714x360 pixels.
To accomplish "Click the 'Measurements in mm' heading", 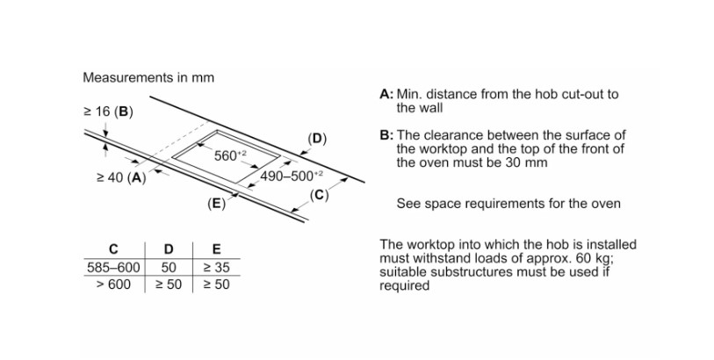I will (x=148, y=77).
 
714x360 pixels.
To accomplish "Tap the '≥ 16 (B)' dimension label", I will (x=108, y=112).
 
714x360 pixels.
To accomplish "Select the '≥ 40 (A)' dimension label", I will (x=120, y=177).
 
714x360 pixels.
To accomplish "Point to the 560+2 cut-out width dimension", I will (x=231, y=155).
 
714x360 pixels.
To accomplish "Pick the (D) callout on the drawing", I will (x=317, y=138).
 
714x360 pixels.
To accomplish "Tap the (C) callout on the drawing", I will (x=319, y=196).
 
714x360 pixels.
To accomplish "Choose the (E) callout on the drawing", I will (x=216, y=204).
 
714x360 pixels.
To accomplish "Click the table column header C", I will (x=113, y=249).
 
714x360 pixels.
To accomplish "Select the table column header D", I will (x=169, y=249).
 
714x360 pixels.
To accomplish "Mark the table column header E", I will (x=216, y=249).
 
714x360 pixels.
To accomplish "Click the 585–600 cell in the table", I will (x=113, y=267).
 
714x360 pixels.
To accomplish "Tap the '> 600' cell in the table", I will (x=113, y=284).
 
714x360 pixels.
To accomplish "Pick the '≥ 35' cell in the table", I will (x=216, y=267).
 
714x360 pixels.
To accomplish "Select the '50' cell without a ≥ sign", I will (x=169, y=267).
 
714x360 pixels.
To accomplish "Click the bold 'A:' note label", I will (x=386, y=94).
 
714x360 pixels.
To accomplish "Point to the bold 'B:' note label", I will (x=386, y=135).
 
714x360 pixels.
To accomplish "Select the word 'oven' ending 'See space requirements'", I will (x=604, y=204).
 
